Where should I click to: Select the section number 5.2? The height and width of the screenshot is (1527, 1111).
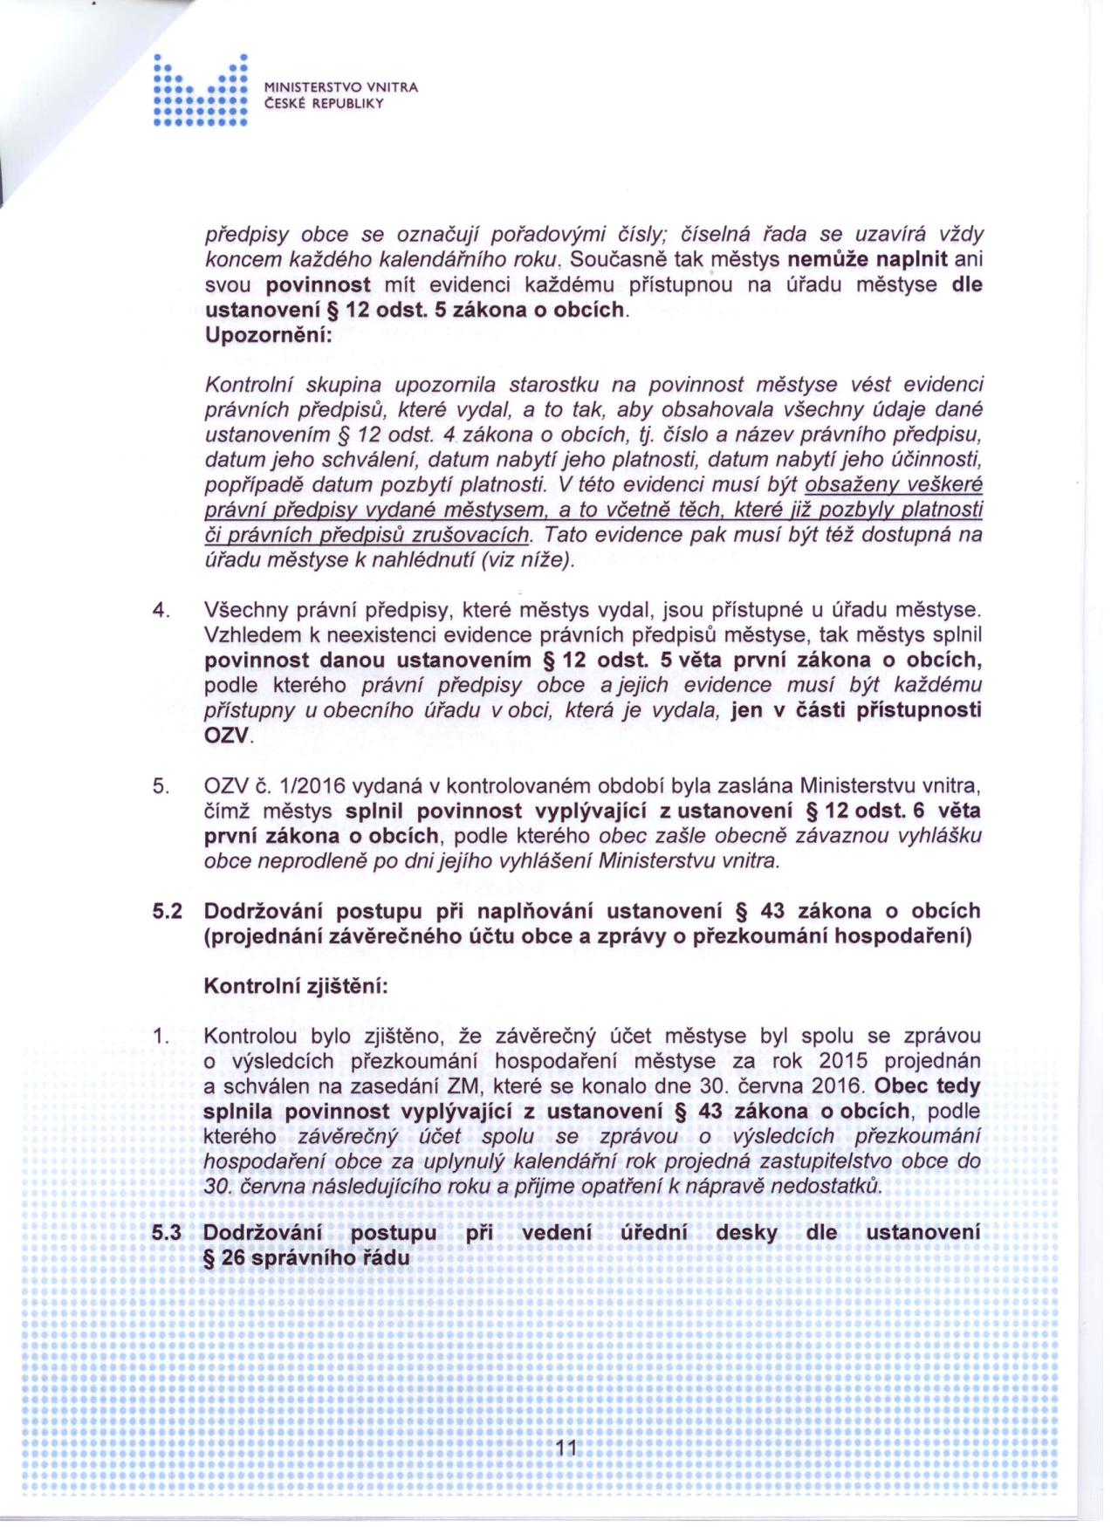click(x=166, y=911)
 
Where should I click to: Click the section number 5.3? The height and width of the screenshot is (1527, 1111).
click(x=166, y=1232)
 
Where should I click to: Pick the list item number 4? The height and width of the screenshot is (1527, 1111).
click(x=160, y=610)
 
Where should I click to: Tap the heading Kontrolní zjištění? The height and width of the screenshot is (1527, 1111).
click(x=295, y=986)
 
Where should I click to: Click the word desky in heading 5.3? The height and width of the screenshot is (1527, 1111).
click(x=746, y=1232)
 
